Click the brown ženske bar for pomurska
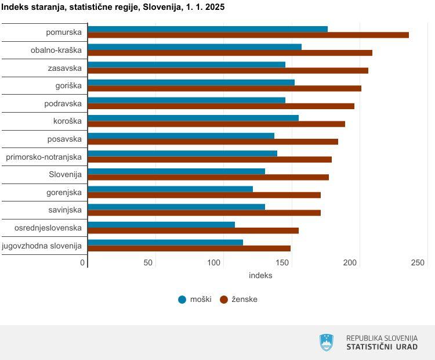point(248,35)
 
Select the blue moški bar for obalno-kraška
point(194,47)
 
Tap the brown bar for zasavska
point(227,71)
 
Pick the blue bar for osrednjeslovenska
point(161,225)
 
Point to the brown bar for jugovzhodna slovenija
point(188,249)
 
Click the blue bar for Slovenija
point(176,171)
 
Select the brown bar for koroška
point(216,124)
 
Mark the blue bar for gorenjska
point(170,189)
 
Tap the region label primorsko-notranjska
point(43,157)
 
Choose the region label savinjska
point(65,210)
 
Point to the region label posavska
point(64,139)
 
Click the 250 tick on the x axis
point(417,263)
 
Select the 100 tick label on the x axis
point(214,263)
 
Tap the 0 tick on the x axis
point(83,263)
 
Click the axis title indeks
point(260,275)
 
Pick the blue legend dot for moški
point(182,300)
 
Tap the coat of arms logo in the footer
point(327,342)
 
